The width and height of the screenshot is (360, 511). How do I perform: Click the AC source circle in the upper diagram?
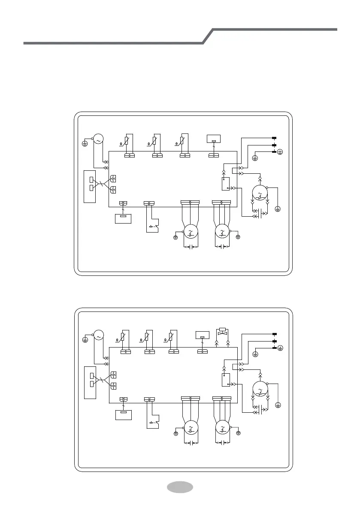97,139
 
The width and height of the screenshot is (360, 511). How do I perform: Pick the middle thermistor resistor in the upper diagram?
154,140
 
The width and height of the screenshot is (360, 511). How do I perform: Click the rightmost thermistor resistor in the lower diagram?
171,336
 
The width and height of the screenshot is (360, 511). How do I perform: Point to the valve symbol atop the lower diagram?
222,332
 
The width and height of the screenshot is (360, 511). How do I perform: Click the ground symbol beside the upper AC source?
85,143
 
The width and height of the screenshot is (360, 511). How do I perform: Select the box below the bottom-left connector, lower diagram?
124,415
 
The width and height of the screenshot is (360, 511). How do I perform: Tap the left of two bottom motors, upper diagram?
189,232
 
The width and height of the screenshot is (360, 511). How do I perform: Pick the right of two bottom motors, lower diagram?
222,428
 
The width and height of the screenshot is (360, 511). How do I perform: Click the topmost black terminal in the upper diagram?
274,138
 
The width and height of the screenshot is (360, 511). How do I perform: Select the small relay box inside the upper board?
225,184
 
